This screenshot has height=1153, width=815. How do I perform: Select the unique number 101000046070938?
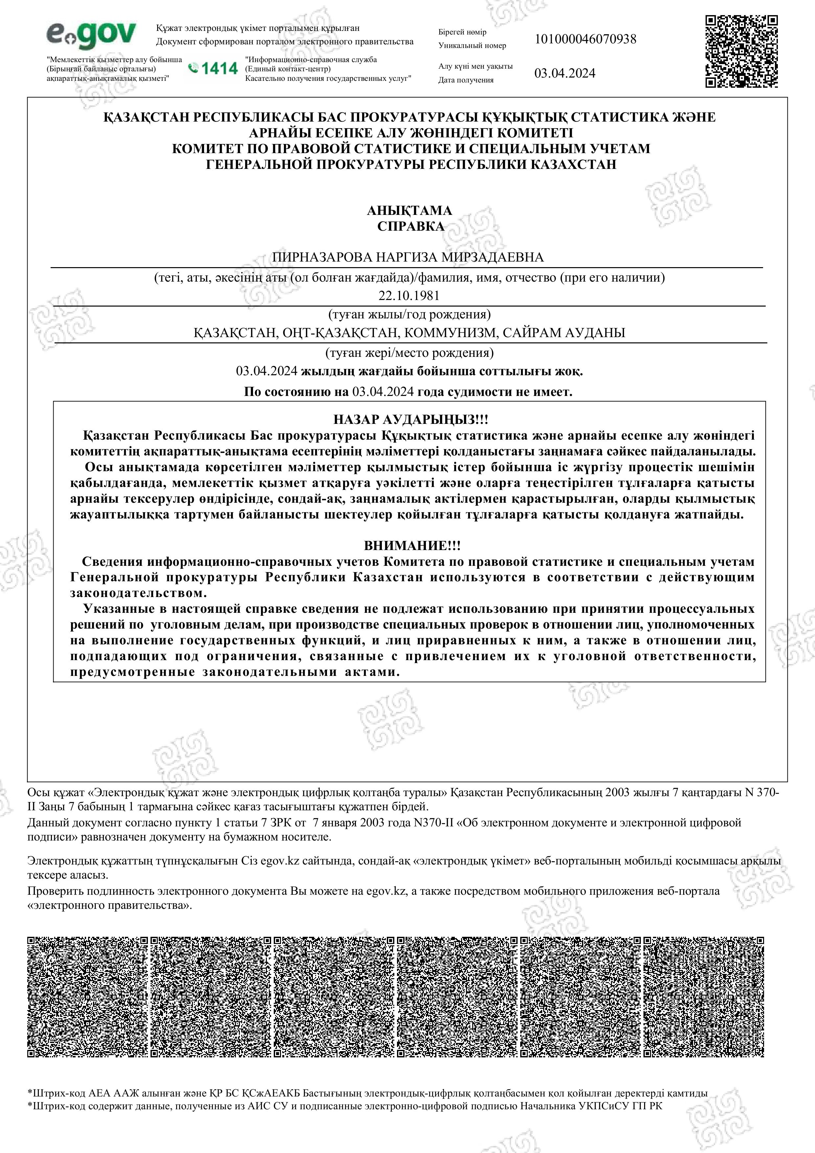point(585,39)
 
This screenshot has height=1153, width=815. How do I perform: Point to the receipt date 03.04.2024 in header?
point(565,73)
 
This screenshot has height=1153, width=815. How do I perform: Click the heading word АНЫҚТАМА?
point(409,210)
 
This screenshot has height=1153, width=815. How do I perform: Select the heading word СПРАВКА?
point(410,226)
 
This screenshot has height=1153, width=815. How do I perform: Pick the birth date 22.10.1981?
point(409,296)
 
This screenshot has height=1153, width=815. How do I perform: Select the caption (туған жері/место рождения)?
point(409,353)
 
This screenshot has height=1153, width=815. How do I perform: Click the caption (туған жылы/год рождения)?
point(409,315)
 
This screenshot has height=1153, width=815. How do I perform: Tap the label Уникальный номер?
point(472,46)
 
